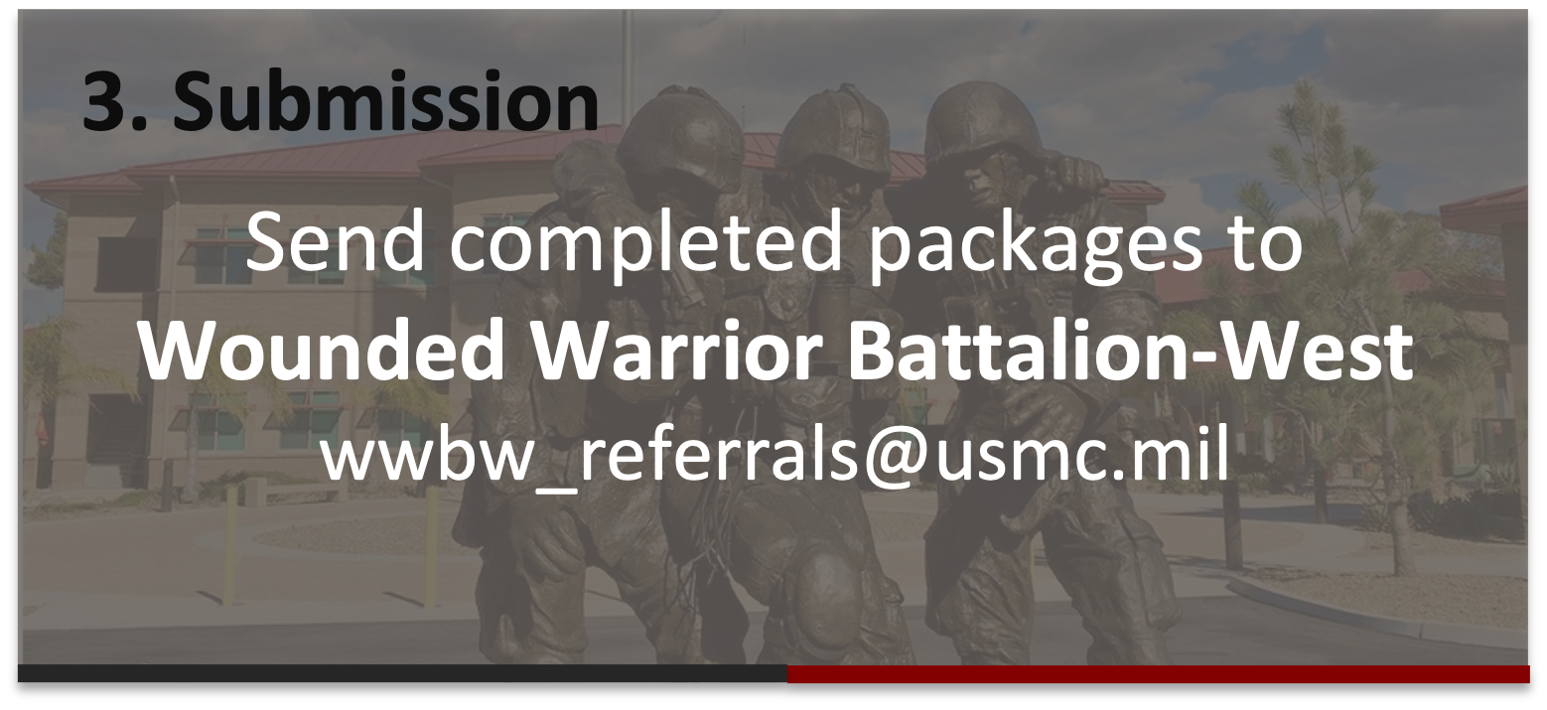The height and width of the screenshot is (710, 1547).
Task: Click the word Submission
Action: click(x=385, y=99)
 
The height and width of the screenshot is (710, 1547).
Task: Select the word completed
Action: click(x=645, y=247)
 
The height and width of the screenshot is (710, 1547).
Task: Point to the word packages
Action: click(x=1035, y=247)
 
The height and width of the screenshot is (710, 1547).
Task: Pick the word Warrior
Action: click(x=677, y=351)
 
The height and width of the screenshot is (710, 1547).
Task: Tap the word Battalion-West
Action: click(x=1131, y=351)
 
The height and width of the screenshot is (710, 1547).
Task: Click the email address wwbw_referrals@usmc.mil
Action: click(x=774, y=455)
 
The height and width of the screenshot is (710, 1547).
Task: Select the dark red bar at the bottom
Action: click(x=1158, y=674)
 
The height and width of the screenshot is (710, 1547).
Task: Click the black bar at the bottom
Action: click(x=402, y=673)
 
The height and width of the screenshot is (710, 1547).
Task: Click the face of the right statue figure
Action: click(x=992, y=183)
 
